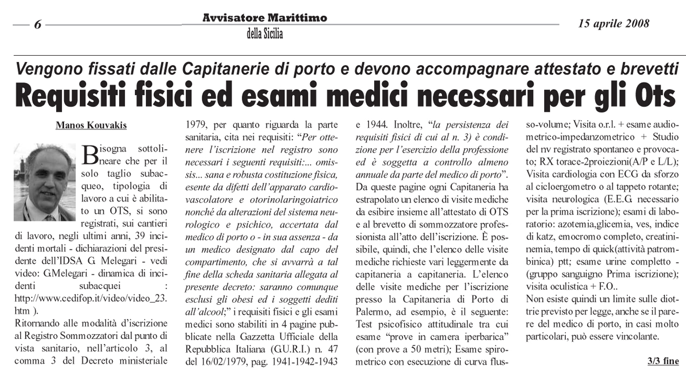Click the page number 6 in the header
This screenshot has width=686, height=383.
pyautogui.click(x=38, y=25)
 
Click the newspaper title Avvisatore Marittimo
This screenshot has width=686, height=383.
pyautogui.click(x=264, y=18)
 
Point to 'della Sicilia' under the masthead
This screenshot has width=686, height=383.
pyautogui.click(x=264, y=34)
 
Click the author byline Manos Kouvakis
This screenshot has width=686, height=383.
pyautogui.click(x=91, y=125)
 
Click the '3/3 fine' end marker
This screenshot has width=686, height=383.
pyautogui.click(x=663, y=361)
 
